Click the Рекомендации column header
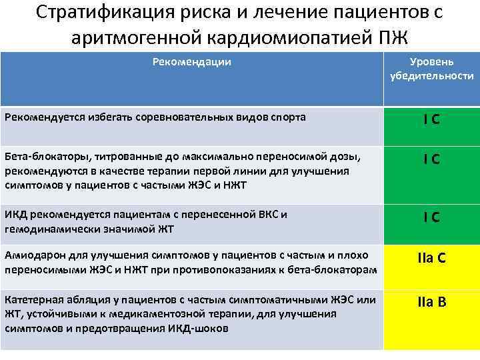coord(192,62)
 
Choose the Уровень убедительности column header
coord(431,69)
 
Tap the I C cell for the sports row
coord(431,120)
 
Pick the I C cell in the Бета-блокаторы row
coord(431,161)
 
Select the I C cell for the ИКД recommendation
coord(431,217)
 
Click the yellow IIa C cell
coord(431,260)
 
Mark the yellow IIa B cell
coord(431,302)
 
